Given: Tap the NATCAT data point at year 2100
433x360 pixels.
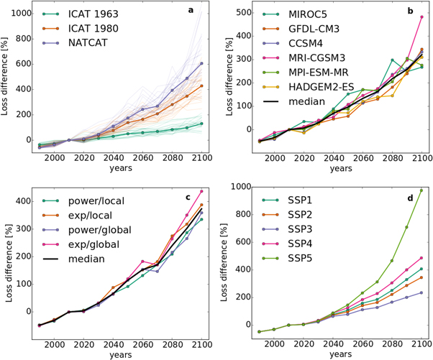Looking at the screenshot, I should tap(201, 63).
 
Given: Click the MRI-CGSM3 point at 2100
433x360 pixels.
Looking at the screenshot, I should tap(422, 17).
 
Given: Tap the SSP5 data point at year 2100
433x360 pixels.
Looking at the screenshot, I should tap(422, 190).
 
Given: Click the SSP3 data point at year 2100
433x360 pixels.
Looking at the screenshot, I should tap(422, 292).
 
